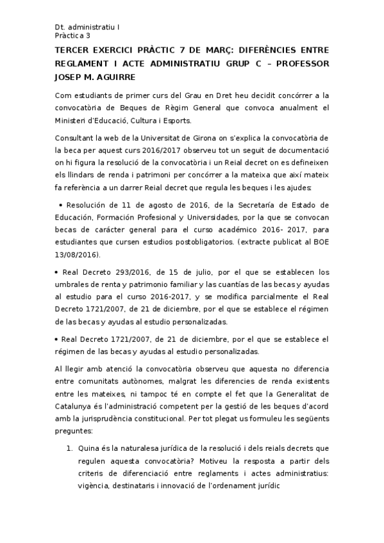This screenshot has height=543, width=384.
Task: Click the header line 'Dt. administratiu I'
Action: pyautogui.click(x=86, y=27)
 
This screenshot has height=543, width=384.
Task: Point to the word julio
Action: pyautogui.click(x=192, y=271)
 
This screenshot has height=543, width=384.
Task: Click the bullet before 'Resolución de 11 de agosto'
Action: pyautogui.click(x=60, y=206)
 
